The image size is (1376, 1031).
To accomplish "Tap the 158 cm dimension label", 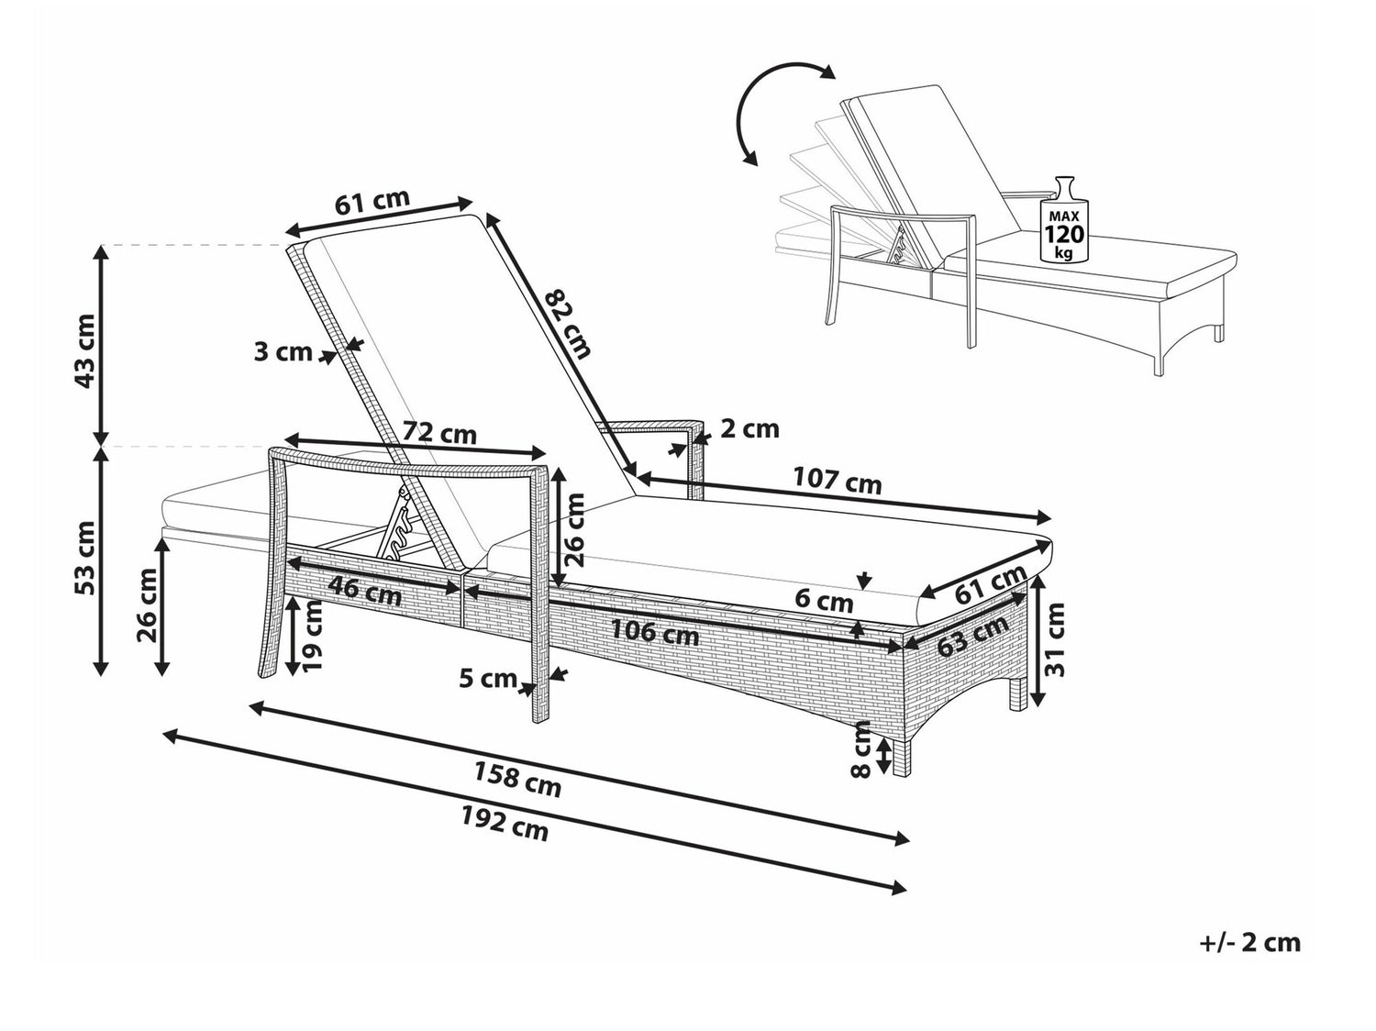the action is coord(517,780).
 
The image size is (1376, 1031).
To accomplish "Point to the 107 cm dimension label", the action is coord(838,481).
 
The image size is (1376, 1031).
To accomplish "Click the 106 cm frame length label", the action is coord(654,632).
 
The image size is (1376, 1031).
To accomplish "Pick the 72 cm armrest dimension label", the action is coord(440,433).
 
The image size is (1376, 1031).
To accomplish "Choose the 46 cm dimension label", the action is coord(365,591).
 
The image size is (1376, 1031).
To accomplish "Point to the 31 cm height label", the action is coord(1054,639).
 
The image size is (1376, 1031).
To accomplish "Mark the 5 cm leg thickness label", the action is coord(488,679).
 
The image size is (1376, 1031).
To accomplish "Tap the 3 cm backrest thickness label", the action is coord(283,352).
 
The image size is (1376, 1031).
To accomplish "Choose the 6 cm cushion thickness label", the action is coord(825,603).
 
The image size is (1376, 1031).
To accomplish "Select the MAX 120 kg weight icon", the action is coord(1064,219).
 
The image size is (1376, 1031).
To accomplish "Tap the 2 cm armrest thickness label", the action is coord(749,429).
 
